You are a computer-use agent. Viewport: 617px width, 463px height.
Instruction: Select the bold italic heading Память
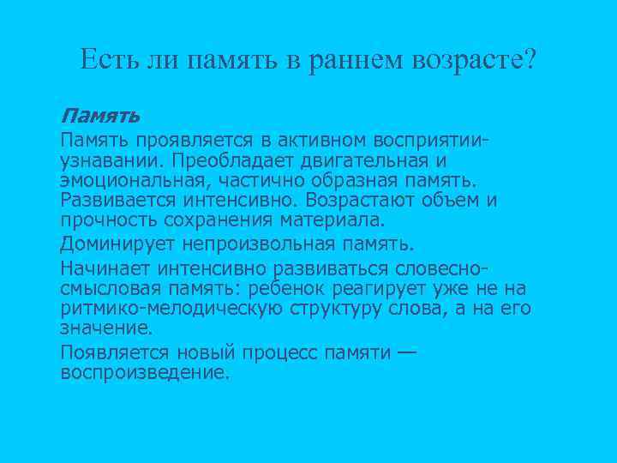[x=100, y=115]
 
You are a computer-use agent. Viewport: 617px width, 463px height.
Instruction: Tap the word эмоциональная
[x=125, y=181]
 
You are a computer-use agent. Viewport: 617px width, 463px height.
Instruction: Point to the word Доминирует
[x=109, y=245]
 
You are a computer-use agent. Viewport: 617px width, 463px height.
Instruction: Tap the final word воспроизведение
[x=145, y=373]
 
